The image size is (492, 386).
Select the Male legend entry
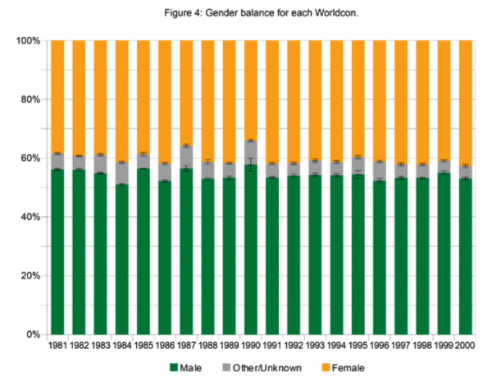[x=194, y=367]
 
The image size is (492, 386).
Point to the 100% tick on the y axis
[x=28, y=40]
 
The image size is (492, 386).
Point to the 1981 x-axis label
[x=58, y=346]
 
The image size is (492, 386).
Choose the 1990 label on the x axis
[x=251, y=346]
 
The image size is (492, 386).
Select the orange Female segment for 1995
[x=358, y=98]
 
